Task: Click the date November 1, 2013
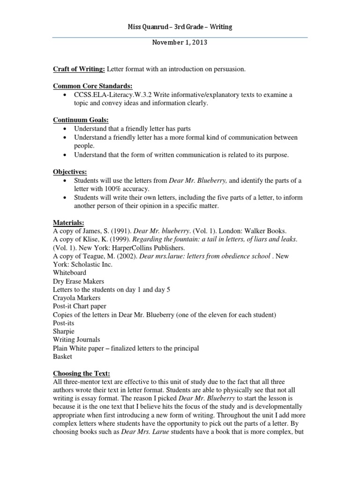pyautogui.click(x=180, y=43)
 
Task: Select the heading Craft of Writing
pyautogui.click(x=79, y=69)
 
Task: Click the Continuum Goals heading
pyautogui.click(x=81, y=120)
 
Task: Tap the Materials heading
pyautogui.click(x=68, y=222)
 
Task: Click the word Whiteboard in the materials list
pyautogui.click(x=69, y=273)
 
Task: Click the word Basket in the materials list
pyautogui.click(x=62, y=357)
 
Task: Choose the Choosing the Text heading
pyautogui.click(x=81, y=374)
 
